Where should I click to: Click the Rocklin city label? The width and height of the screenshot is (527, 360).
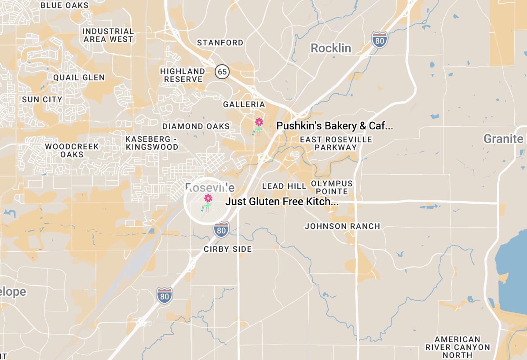(x=331, y=48)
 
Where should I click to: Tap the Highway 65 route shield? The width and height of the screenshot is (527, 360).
(x=223, y=71)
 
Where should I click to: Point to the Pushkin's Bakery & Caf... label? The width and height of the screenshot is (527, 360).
(x=334, y=126)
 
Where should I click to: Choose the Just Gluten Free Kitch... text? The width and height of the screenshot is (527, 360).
(x=282, y=202)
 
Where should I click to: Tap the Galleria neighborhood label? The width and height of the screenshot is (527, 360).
(x=244, y=104)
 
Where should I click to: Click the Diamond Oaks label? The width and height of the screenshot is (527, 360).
(x=196, y=126)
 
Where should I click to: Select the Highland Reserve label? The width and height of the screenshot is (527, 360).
(x=182, y=75)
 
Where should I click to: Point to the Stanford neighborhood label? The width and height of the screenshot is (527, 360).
(x=220, y=43)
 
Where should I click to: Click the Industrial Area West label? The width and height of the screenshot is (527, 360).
(x=108, y=35)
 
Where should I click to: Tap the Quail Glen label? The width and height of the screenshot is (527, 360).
(x=79, y=77)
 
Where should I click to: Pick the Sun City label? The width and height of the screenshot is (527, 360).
(x=42, y=99)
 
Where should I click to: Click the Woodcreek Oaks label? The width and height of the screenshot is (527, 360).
(x=72, y=150)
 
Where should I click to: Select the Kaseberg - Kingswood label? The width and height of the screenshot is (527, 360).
(x=152, y=143)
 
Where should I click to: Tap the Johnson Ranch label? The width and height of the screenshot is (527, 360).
(x=342, y=226)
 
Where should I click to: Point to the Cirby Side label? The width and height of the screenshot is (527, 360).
(x=227, y=249)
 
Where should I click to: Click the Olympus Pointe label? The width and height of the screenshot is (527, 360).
(x=332, y=187)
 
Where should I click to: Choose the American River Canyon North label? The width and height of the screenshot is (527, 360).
(x=457, y=347)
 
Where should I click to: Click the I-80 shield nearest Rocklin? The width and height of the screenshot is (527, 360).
(x=379, y=40)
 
